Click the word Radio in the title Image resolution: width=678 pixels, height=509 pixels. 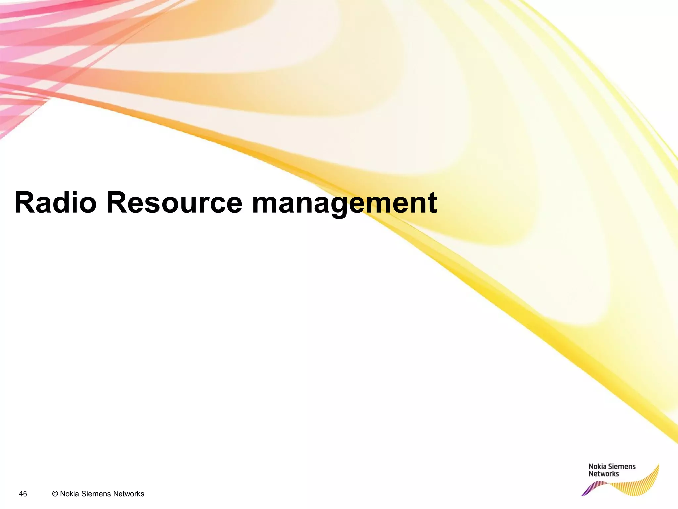pos(55,203)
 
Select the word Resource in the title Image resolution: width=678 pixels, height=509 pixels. pos(174,203)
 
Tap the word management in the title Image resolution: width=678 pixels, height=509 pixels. pos(344,203)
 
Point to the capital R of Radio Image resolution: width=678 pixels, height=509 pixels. pos(24,203)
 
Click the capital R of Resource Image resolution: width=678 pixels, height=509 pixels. pos(116,203)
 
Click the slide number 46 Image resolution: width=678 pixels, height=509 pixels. pos(23,494)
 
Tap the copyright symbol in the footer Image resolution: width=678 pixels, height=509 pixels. pos(55,494)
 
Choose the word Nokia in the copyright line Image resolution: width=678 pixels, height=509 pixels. pos(70,494)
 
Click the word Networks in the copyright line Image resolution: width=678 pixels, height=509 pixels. pos(128,494)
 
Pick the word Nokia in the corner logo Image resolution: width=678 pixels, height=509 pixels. pos(597,467)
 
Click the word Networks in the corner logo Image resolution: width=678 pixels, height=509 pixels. pos(604,474)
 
